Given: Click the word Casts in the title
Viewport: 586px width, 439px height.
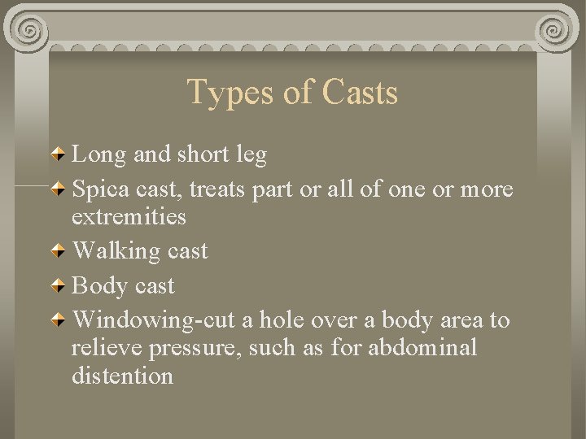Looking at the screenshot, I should (360, 93).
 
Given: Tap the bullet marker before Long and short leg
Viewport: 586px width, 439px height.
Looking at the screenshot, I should (62, 154).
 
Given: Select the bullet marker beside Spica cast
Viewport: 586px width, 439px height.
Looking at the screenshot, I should (62, 190).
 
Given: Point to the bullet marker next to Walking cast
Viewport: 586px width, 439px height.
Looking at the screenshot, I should (62, 251).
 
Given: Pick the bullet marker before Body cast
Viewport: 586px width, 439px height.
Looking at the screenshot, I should (62, 286).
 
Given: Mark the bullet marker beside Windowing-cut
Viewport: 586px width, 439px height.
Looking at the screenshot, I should (62, 320).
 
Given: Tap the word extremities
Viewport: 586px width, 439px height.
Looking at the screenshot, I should (129, 217).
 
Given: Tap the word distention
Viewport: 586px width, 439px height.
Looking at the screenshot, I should (122, 376).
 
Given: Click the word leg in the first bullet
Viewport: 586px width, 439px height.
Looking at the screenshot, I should (251, 154).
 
